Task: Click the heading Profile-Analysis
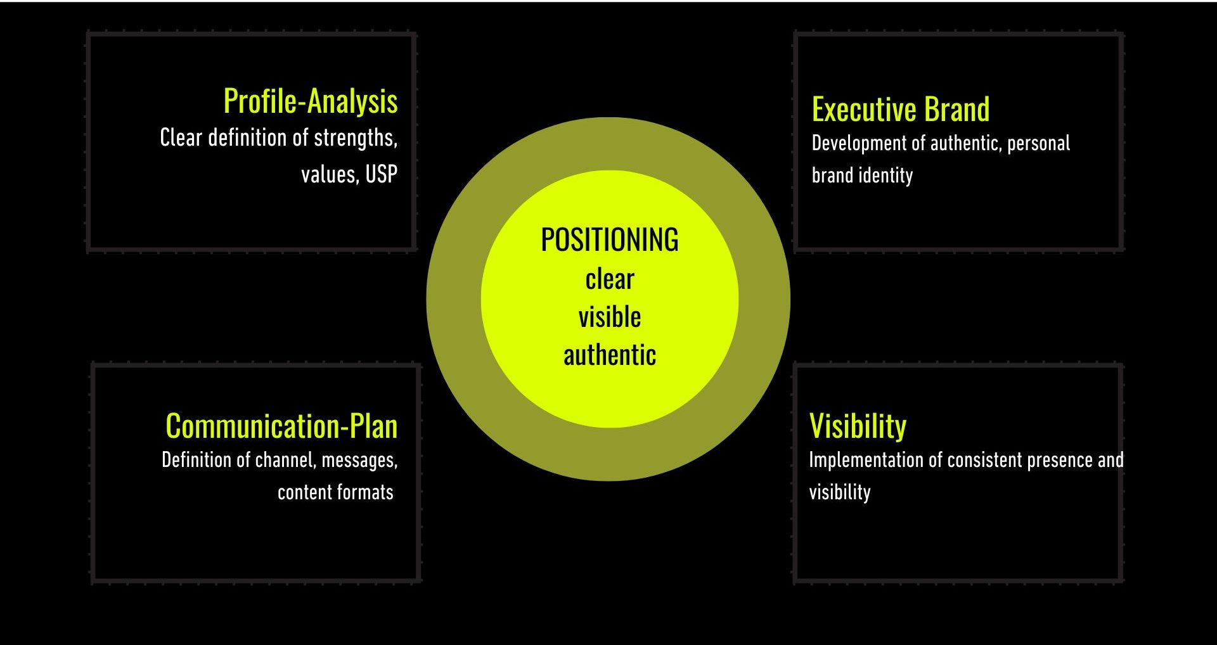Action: pos(311,101)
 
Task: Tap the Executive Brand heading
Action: pos(901,110)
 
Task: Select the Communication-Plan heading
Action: pos(281,426)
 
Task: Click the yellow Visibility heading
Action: pos(858,426)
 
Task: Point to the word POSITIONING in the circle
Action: pos(609,240)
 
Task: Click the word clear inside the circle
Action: pos(609,279)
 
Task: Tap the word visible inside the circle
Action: pos(609,317)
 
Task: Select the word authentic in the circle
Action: pos(609,355)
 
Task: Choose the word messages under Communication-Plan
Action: pos(359,461)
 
